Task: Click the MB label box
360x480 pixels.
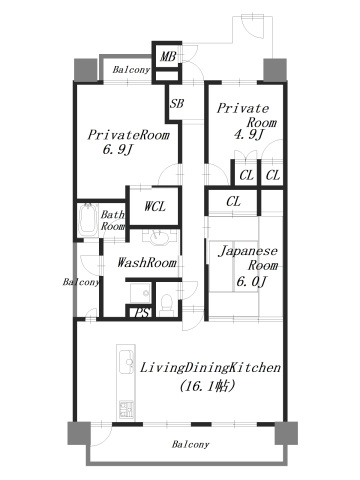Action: [166, 57]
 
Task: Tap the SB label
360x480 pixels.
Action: [176, 103]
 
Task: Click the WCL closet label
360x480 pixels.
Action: [155, 207]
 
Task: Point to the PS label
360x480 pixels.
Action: [144, 313]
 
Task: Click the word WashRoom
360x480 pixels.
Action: [147, 263]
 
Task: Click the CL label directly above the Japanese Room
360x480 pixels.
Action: [233, 203]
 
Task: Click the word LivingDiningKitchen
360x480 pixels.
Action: [210, 367]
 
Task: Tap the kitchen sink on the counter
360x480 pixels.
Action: [126, 362]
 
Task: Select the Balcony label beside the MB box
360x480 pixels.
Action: [131, 70]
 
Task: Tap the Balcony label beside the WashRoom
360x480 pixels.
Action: [82, 283]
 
